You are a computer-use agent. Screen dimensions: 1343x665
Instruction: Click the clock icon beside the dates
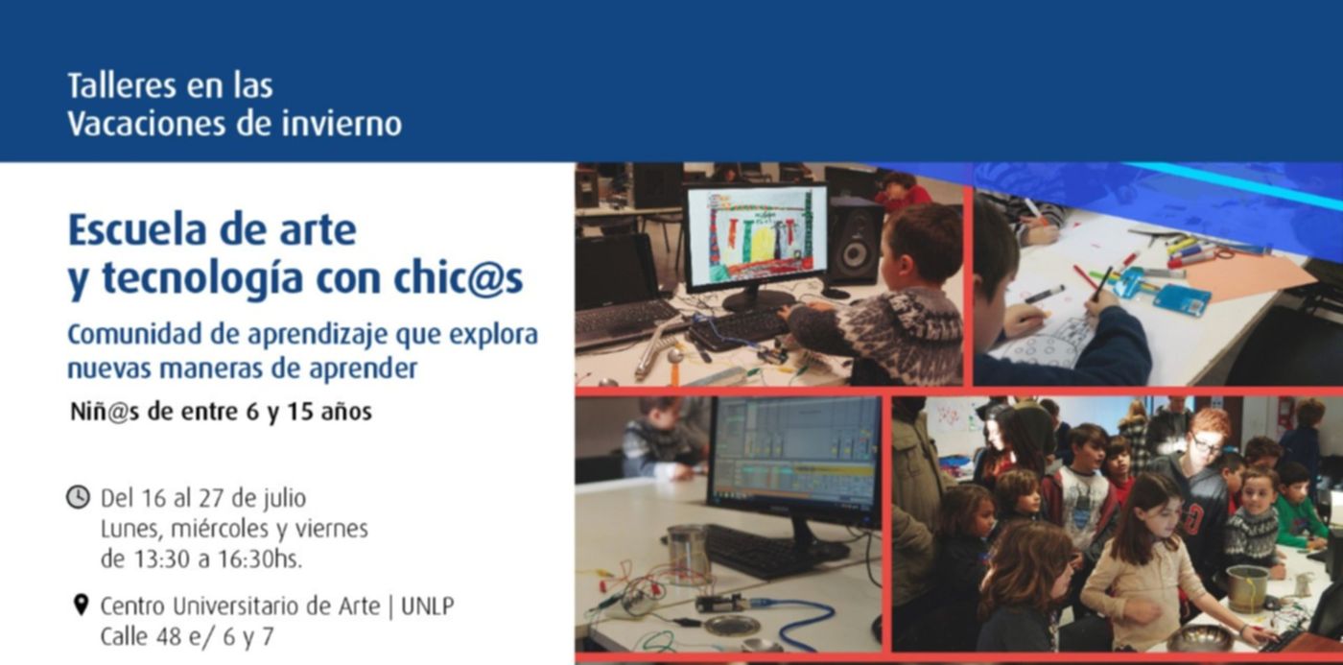tap(78, 497)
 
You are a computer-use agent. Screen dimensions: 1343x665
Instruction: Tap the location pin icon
tap(81, 606)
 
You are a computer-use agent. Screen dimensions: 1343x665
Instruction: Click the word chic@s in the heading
tap(459, 277)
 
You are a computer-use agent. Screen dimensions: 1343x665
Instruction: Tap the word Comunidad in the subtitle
tap(134, 334)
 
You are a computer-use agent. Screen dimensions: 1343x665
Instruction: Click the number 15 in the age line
tap(299, 412)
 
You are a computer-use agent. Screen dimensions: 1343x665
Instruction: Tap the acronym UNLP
tap(428, 606)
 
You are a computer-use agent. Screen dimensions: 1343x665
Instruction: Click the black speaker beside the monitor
tap(855, 248)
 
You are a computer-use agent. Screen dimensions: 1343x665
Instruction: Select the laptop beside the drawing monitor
tap(624, 288)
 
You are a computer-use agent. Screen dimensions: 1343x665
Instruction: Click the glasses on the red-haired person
tap(1207, 445)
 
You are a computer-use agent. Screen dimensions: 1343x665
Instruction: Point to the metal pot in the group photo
tap(1247, 587)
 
